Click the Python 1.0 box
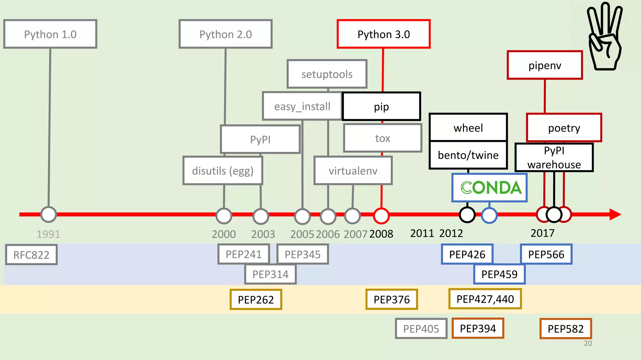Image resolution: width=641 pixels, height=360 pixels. pos(50,34)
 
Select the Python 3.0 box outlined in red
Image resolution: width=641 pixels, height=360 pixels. pos(383,34)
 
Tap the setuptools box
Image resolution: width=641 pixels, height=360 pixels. pos(327,74)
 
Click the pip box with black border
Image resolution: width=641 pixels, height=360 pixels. pos(381,107)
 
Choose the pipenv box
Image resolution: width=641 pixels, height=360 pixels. pos(545,65)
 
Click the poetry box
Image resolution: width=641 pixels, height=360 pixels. pos(564,128)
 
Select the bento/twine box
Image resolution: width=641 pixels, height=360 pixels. pos(468,155)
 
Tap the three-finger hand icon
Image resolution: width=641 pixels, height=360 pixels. pos(604,36)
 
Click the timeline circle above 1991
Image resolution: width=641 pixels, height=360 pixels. pos(49,215)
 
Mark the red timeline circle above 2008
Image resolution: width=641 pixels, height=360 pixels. pos(381,215)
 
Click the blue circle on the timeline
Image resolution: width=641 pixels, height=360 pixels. pos(489,215)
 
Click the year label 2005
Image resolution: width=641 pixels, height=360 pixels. pos(302,234)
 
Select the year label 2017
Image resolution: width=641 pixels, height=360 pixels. pos(542,233)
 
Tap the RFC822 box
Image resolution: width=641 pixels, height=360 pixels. pos(31,255)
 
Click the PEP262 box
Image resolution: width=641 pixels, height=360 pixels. pos(256,300)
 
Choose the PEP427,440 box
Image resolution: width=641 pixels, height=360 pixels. pos(485,299)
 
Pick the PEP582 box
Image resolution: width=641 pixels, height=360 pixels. pos(566,329)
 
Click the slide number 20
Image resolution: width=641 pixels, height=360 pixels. pos(588,343)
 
